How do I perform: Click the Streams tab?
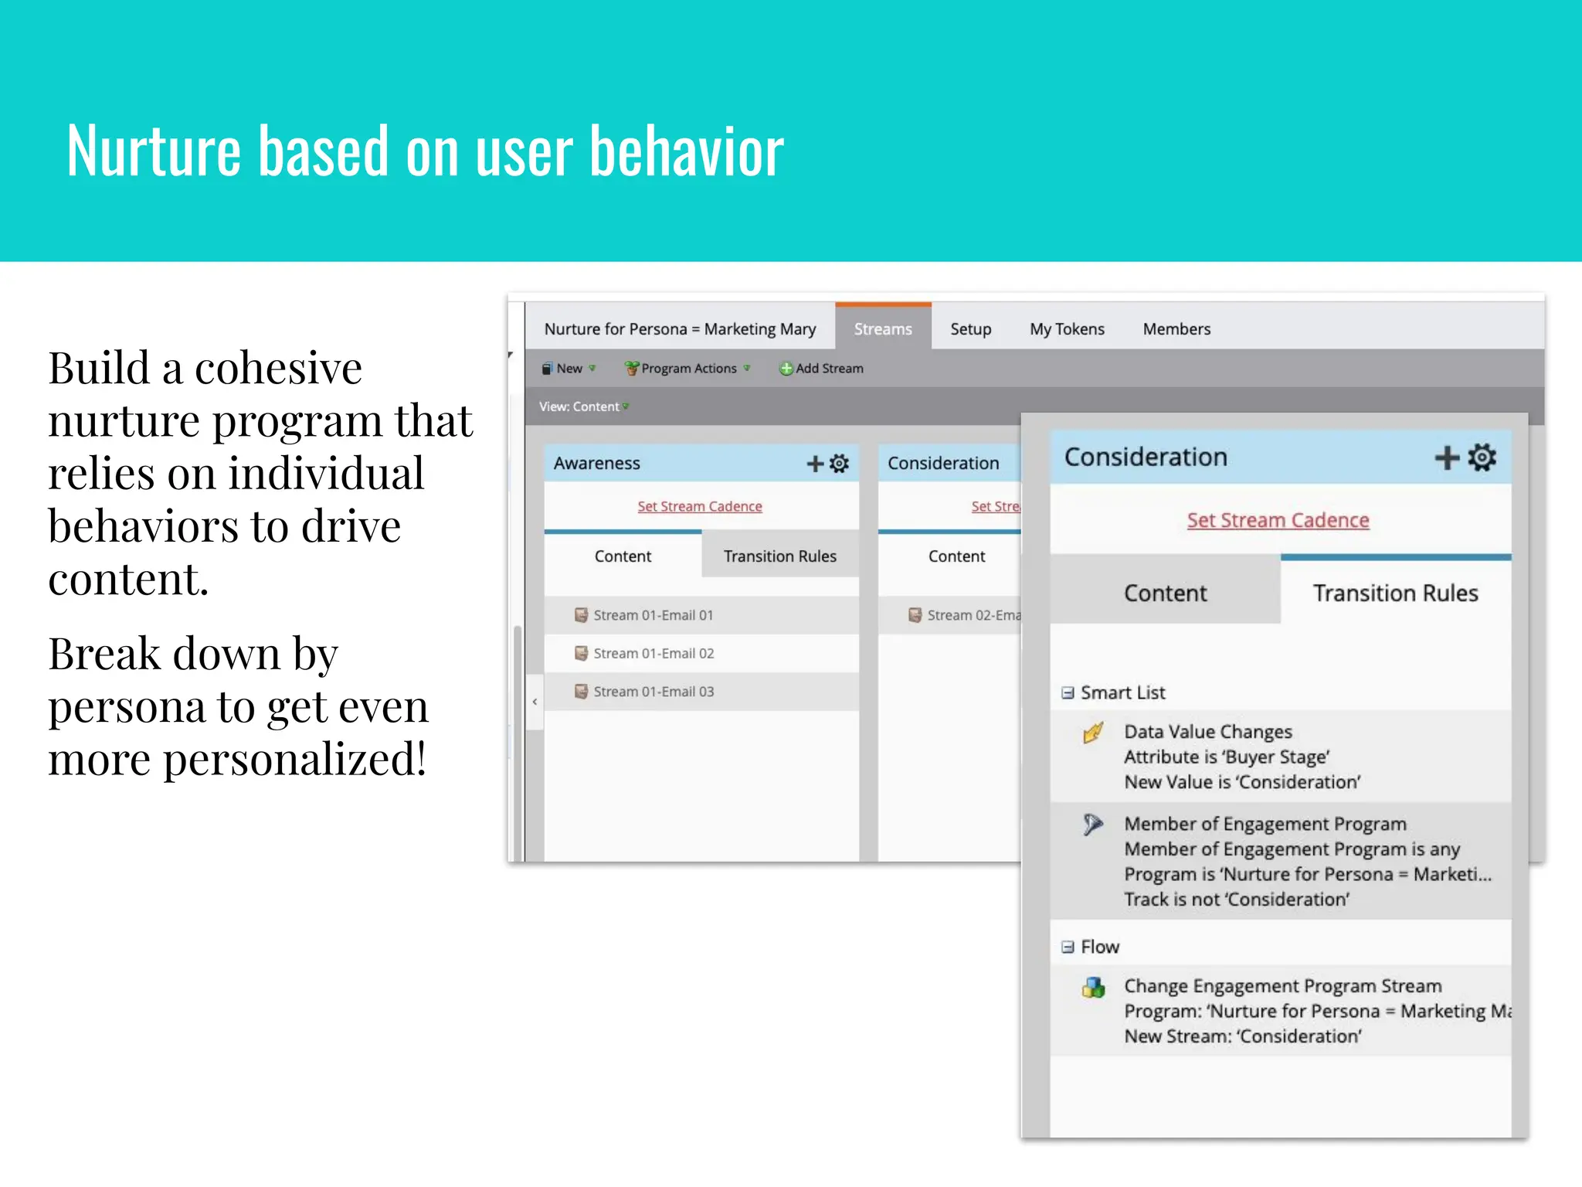(883, 329)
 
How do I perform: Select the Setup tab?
(970, 329)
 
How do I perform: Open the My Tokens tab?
(1067, 329)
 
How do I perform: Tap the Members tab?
(1176, 329)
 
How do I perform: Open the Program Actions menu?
(687, 369)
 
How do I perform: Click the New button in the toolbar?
(568, 369)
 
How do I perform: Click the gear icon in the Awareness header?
(840, 463)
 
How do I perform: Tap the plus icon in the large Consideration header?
(1446, 457)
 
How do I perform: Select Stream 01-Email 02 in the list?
(654, 653)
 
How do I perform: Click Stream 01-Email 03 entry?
(654, 692)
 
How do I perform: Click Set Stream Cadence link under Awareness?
(700, 506)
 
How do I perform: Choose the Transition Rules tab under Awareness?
(779, 556)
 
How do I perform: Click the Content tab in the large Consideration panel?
(1165, 593)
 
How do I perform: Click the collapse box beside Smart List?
(1068, 693)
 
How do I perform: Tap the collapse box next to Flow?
(1068, 947)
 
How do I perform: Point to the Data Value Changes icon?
(1093, 732)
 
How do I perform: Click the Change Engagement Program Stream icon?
(1093, 988)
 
